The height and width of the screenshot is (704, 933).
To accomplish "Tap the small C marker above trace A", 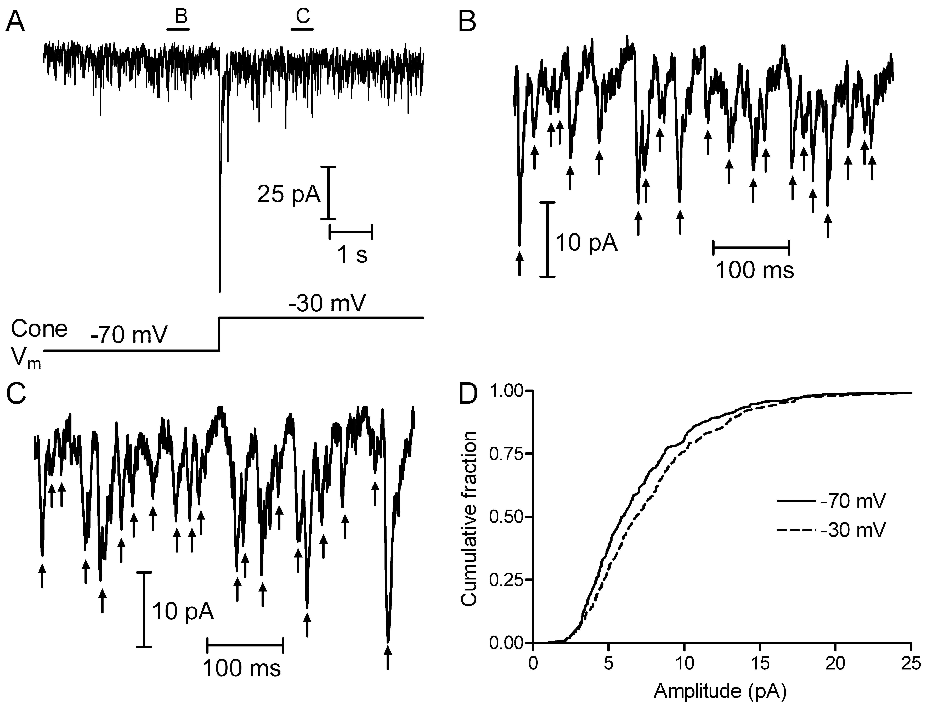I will point(303,17).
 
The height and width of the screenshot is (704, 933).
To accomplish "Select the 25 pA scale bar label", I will point(289,195).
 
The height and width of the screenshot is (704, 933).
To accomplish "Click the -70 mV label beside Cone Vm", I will point(129,336).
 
